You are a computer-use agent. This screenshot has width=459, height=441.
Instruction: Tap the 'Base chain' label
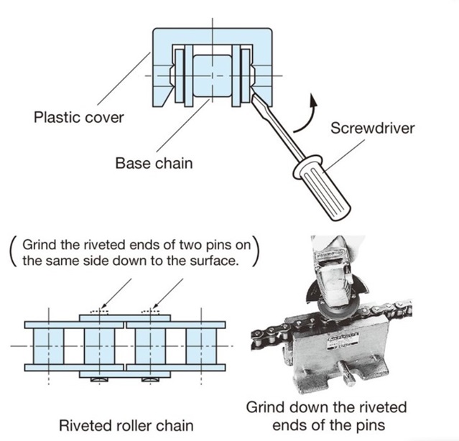tap(154, 163)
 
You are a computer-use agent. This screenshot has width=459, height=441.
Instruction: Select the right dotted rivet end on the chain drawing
tap(151, 312)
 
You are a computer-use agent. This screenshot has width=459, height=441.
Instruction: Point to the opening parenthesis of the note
tap(11, 251)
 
